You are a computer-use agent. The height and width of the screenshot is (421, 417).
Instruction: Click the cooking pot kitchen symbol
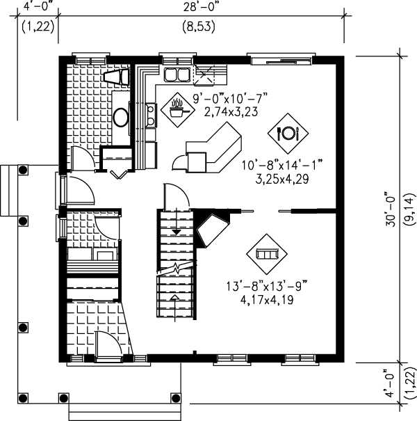[176, 109]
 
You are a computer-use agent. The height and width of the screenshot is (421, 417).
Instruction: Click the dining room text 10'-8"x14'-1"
[283, 166]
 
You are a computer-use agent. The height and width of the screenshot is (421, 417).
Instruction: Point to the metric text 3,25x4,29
[282, 178]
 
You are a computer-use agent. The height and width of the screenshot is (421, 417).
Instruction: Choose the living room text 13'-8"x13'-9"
[267, 285]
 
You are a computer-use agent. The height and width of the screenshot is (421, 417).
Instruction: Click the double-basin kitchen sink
[177, 75]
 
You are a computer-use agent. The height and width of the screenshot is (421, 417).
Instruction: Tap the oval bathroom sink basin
[120, 116]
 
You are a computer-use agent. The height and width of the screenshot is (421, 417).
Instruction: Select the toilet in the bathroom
[115, 77]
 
